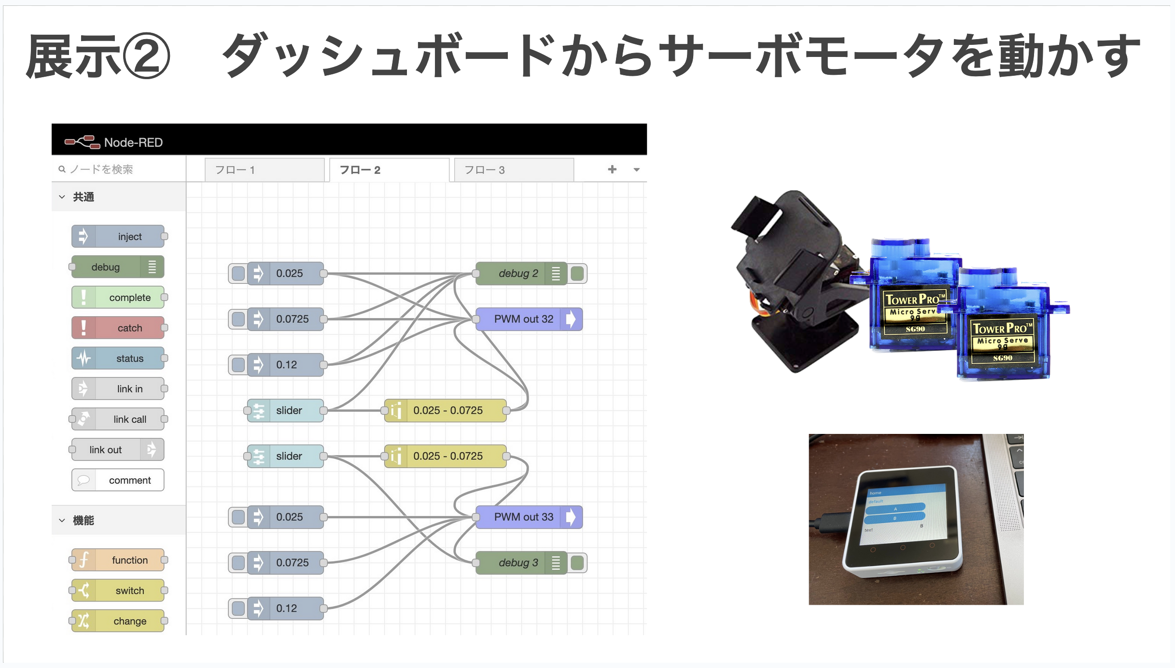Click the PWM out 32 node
point(523,319)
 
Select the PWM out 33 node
point(523,517)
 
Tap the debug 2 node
point(518,274)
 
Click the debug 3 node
point(518,563)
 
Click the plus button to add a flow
point(612,169)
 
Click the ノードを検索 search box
point(118,169)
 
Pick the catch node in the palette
point(118,328)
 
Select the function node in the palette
point(118,560)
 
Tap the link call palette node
point(118,419)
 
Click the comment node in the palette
point(118,480)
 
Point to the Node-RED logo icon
point(82,142)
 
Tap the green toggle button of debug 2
point(577,274)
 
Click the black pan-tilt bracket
point(797,280)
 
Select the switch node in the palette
point(118,590)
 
